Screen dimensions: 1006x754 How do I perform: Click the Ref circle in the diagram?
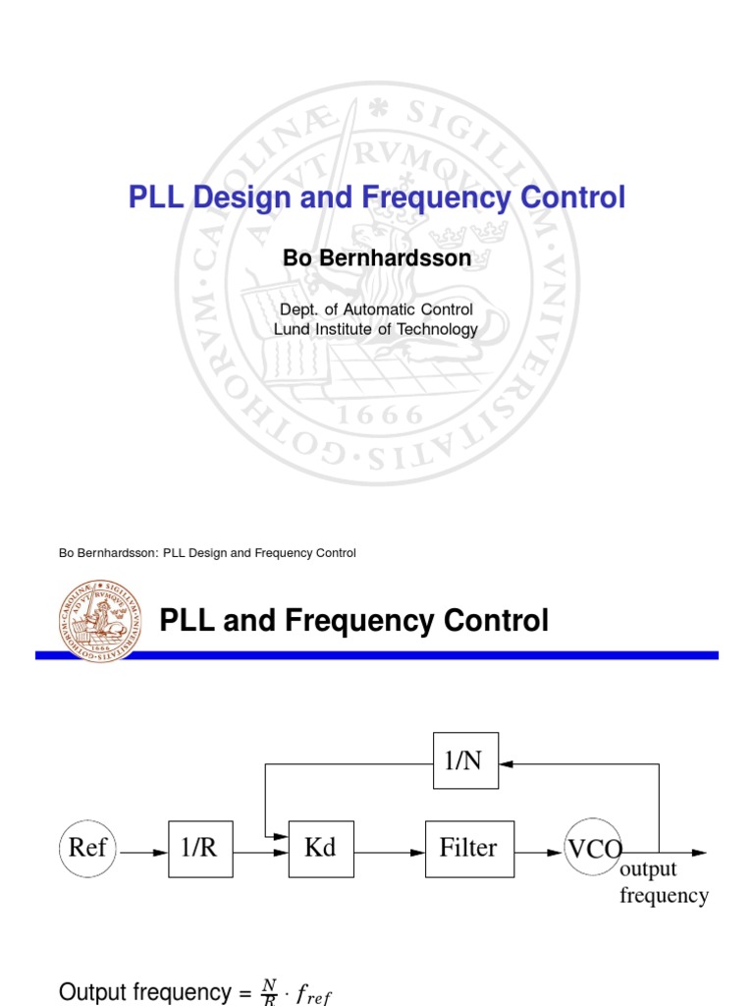click(x=87, y=847)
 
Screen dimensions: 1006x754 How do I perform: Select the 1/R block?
click(x=199, y=847)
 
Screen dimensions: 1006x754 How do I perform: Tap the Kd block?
click(x=321, y=847)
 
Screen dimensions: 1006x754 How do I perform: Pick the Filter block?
click(x=467, y=847)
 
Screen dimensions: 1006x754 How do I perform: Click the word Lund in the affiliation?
click(x=291, y=329)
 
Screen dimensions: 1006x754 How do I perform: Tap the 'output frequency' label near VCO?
click(x=664, y=882)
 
